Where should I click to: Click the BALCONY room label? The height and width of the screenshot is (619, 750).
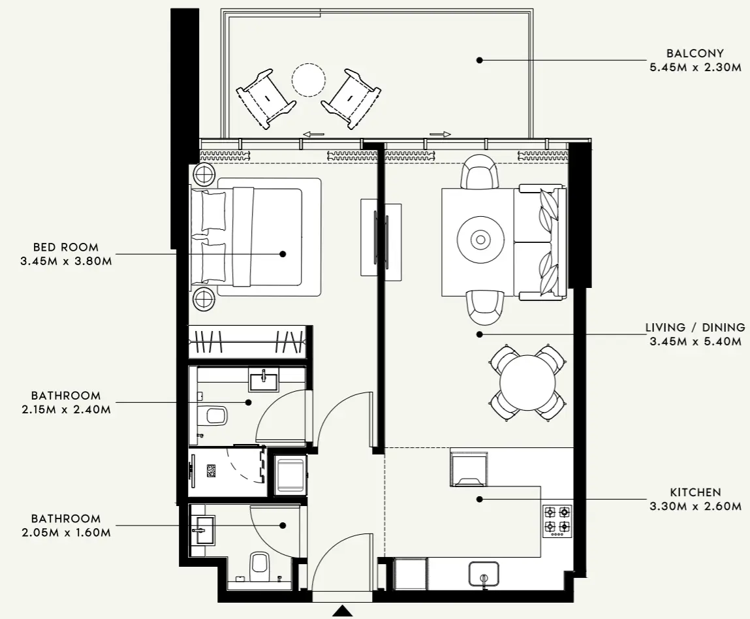[x=695, y=54]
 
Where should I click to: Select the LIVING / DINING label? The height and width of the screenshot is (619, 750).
[x=695, y=328]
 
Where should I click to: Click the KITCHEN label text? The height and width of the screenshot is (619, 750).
[x=695, y=492]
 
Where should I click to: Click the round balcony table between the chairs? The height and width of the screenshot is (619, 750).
[x=308, y=80]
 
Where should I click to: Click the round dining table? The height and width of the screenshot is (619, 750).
[x=527, y=383]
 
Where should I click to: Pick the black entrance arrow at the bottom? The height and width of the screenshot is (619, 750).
[x=343, y=612]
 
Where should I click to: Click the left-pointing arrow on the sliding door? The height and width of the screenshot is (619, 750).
[x=313, y=135]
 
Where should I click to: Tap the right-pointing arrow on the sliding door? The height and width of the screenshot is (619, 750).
[x=440, y=135]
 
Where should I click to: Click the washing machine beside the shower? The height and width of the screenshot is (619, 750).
[x=289, y=475]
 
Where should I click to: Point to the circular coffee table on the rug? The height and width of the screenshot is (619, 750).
[x=480, y=240]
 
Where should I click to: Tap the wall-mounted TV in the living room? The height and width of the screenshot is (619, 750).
[x=375, y=238]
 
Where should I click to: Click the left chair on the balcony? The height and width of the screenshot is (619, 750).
[x=264, y=98]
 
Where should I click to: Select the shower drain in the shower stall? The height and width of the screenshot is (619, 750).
[x=211, y=470]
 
